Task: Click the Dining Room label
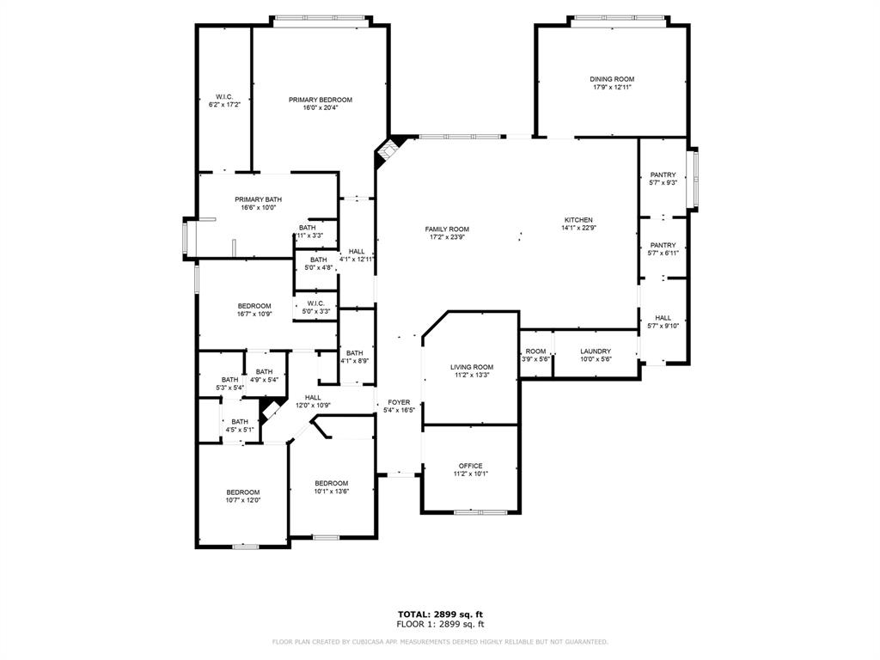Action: click(x=612, y=79)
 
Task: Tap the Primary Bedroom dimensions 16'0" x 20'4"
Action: click(x=320, y=108)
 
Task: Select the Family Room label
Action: click(x=447, y=229)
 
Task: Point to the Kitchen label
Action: click(x=577, y=220)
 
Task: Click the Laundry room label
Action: click(x=595, y=351)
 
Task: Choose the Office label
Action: click(x=470, y=466)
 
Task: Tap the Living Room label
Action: click(x=472, y=367)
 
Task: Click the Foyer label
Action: click(x=399, y=401)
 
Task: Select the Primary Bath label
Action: click(x=258, y=199)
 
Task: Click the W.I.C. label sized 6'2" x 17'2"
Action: click(x=223, y=96)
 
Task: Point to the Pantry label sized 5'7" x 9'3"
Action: click(x=663, y=175)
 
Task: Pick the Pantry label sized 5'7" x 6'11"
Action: click(x=663, y=245)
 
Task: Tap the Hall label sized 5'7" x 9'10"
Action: click(x=663, y=318)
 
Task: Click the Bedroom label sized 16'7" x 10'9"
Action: click(x=254, y=306)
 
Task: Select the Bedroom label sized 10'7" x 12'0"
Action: click(x=242, y=492)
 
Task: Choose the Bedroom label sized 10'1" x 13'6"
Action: click(x=331, y=483)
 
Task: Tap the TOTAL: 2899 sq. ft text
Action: click(x=439, y=614)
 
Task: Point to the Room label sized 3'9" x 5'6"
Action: click(x=535, y=351)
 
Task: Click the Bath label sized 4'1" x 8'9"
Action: click(x=354, y=352)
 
